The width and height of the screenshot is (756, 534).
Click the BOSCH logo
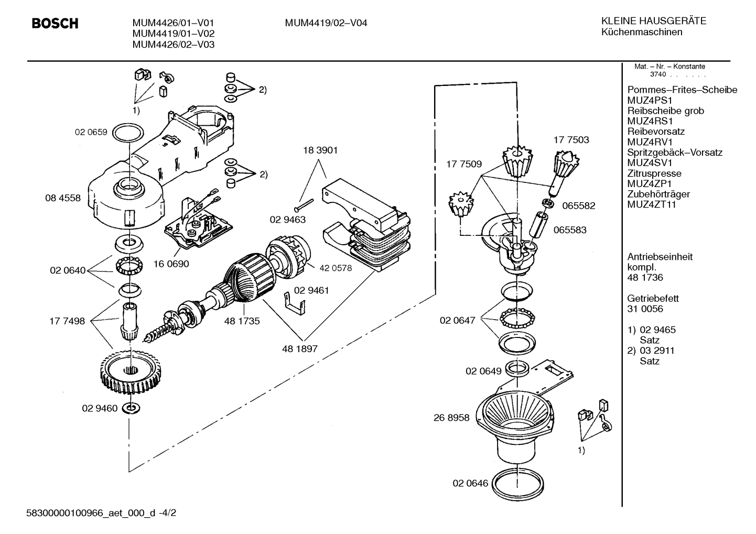(x=55, y=23)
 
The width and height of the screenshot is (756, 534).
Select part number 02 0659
(x=91, y=132)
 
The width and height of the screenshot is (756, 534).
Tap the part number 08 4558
(x=63, y=198)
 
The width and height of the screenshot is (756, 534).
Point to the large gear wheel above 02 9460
(x=131, y=372)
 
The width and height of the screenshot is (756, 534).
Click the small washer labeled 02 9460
(x=131, y=408)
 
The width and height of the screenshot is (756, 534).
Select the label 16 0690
(x=171, y=264)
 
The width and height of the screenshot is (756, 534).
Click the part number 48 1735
(x=242, y=321)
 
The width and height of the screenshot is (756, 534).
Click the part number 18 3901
(x=320, y=150)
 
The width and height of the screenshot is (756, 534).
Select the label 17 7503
(x=571, y=139)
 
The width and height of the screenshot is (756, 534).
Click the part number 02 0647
(x=457, y=320)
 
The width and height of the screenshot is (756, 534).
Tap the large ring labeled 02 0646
(x=518, y=485)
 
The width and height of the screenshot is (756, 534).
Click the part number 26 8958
(x=451, y=418)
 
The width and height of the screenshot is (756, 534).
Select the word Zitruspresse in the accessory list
(x=654, y=173)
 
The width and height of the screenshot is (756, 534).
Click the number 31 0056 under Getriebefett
(x=645, y=309)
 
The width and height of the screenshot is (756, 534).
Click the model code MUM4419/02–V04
(x=326, y=23)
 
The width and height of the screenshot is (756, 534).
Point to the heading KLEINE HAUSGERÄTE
(x=654, y=21)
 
